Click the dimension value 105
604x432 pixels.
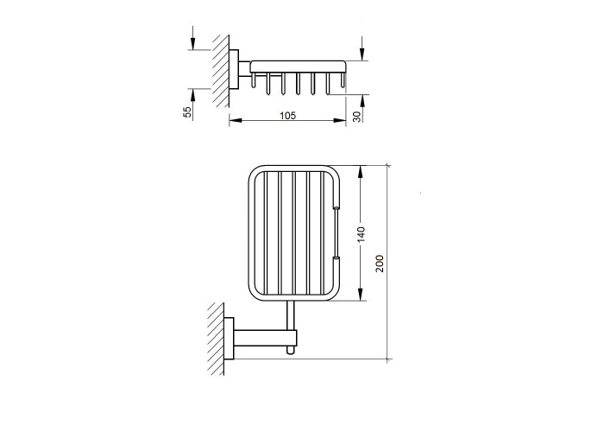pyautogui.click(x=287, y=115)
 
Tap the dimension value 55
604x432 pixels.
pyautogui.click(x=187, y=111)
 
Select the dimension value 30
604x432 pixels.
pyautogui.click(x=357, y=117)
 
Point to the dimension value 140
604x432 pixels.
pyautogui.click(x=361, y=234)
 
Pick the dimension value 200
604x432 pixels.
pyautogui.click(x=380, y=264)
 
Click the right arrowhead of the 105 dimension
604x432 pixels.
pyautogui.click(x=340, y=120)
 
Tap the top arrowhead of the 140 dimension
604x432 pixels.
pyautogui.click(x=361, y=172)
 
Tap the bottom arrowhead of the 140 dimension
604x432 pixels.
pyautogui.click(x=361, y=295)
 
